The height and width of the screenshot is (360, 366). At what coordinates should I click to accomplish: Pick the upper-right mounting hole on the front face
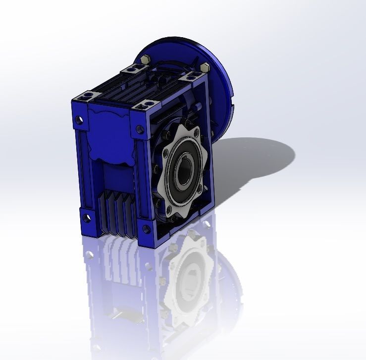(140, 131)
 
